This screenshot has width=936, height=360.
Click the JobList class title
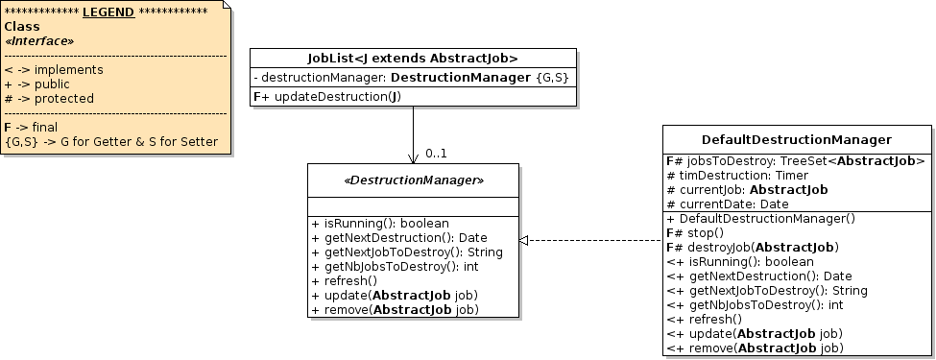coord(413,58)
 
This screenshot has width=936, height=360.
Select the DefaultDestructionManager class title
coord(797,140)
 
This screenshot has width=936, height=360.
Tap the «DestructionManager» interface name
coord(413,180)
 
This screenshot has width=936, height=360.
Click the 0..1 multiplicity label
coord(436,154)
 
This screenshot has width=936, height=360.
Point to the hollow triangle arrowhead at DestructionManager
coord(524,240)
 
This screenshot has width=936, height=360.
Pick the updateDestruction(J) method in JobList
coord(326,97)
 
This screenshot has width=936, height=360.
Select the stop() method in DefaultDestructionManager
coord(693,232)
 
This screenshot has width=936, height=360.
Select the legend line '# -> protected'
coord(49,98)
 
